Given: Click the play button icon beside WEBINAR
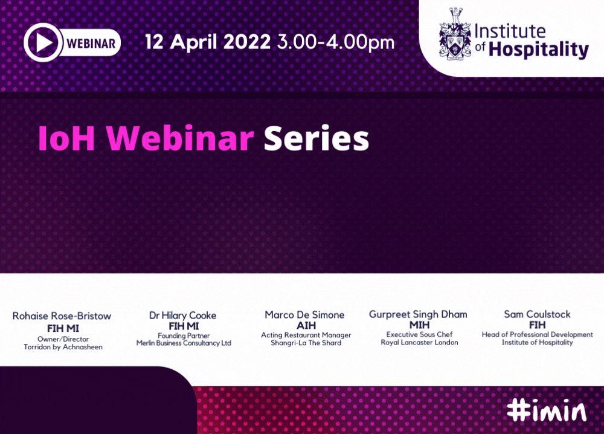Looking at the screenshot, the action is click(42, 42).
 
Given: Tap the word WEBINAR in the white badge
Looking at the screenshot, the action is click(91, 43).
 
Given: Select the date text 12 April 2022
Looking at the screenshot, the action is click(208, 42).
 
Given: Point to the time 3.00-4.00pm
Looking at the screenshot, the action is click(336, 42).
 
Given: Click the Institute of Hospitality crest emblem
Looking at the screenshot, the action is click(455, 34).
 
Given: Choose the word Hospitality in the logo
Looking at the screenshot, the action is click(539, 50).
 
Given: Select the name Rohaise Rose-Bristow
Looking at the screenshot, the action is click(62, 316).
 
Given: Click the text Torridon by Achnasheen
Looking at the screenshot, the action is click(63, 347).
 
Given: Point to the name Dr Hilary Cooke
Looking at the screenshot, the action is click(182, 316).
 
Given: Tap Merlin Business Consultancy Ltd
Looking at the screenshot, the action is click(184, 343).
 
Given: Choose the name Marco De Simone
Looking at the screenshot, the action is click(304, 314).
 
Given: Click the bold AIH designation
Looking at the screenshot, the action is click(306, 325).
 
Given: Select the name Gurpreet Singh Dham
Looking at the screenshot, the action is click(419, 314).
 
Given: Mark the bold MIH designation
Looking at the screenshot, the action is click(420, 325).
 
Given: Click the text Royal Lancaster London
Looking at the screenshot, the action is click(420, 342).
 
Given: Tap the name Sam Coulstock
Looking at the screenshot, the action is click(538, 314).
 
